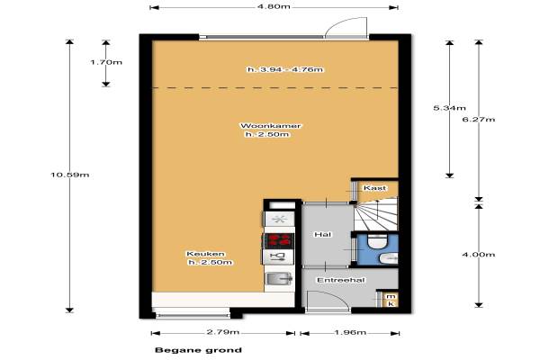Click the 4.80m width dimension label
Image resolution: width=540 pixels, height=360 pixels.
(x=274, y=7)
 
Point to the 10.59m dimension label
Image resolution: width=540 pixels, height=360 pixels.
(x=70, y=175)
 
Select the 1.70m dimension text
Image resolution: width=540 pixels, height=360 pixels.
(x=106, y=62)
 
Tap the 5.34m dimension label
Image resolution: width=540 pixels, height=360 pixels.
(x=449, y=108)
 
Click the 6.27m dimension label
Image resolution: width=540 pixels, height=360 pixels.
(x=479, y=120)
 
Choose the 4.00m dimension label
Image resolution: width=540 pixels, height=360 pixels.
(x=479, y=255)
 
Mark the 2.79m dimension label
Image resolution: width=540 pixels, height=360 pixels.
(x=223, y=332)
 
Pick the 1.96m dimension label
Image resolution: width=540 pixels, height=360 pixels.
(x=350, y=333)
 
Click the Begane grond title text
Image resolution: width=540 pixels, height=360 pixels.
(x=198, y=350)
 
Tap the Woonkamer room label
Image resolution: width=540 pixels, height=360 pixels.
(x=270, y=126)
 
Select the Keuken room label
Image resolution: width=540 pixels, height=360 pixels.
(x=205, y=254)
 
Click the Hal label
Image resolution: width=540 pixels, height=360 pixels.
(x=323, y=235)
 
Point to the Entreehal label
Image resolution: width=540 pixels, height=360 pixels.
(x=340, y=280)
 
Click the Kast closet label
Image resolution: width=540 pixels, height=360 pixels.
(x=374, y=188)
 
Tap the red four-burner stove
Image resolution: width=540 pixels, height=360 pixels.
(x=278, y=240)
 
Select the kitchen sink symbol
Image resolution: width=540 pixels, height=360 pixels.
(x=279, y=278)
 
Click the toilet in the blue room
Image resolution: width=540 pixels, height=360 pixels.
(x=377, y=241)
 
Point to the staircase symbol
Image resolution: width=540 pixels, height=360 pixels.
(x=375, y=214)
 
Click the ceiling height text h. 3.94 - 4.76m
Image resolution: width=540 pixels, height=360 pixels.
(x=285, y=69)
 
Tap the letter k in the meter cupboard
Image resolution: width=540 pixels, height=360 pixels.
(x=391, y=303)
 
